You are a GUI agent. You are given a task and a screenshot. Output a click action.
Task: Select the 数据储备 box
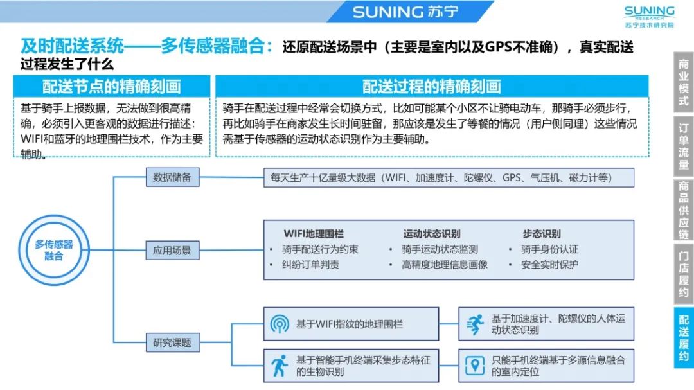coord(172,177)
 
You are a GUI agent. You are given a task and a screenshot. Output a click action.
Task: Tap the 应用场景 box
coord(172,251)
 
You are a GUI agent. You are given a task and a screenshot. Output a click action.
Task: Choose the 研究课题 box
coord(172,342)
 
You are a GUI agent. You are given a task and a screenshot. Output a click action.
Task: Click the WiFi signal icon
coord(280,324)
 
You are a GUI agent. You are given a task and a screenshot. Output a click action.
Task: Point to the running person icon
coord(474,324)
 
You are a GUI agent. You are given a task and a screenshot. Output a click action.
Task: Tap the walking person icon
coord(280,366)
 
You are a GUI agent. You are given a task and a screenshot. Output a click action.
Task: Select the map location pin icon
coord(474,366)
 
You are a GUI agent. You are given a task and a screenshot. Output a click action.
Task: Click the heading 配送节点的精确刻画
coord(112,87)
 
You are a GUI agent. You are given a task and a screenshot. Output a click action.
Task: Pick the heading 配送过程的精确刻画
coord(431,87)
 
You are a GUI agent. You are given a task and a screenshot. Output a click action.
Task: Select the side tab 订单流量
coord(683,146)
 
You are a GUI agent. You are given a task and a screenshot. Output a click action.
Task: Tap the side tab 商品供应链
coord(683,209)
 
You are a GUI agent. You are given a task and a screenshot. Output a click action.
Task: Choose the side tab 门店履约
coord(683,274)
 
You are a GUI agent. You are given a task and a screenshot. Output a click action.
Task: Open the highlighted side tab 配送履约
coord(683,337)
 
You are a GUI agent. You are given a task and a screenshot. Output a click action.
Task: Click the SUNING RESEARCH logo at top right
coord(649,17)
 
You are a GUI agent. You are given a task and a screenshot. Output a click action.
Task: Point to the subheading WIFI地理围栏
coord(313,234)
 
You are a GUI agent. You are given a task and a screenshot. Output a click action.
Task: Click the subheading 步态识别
coord(541,234)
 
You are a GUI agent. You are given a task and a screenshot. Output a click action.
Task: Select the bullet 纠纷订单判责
coord(310,264)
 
